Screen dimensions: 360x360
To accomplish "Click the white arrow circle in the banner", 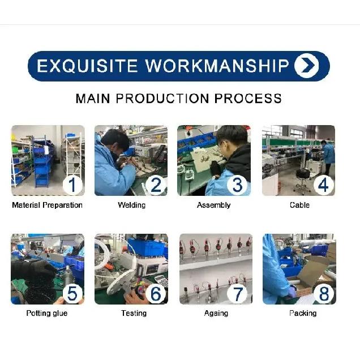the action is tap(306, 66).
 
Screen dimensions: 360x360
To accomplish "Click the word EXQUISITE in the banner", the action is tap(87, 66).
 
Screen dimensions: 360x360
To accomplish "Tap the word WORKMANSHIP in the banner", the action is tap(217, 66).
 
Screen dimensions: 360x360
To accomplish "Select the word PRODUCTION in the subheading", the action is tap(162, 98).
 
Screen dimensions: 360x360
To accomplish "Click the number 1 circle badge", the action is tap(72, 185).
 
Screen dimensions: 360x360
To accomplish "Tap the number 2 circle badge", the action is tap(156, 185).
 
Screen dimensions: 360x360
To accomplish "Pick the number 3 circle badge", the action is tap(237, 185).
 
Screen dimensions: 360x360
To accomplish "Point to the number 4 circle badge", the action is tap(323, 185).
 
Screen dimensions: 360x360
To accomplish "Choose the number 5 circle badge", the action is tap(72, 293).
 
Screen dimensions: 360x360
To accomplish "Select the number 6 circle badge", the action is tap(156, 293).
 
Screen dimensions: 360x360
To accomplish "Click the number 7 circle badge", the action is tap(237, 293).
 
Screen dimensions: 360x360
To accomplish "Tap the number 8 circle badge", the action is tap(323, 293).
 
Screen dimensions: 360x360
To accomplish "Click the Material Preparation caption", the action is tap(47, 205).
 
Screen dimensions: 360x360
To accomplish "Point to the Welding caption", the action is tap(132, 205).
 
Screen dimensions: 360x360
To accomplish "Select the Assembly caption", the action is tap(213, 205).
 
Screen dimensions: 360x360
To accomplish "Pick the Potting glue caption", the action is tap(47, 314).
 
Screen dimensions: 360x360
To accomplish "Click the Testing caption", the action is tap(134, 313).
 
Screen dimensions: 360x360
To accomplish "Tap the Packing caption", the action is tap(303, 313).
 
